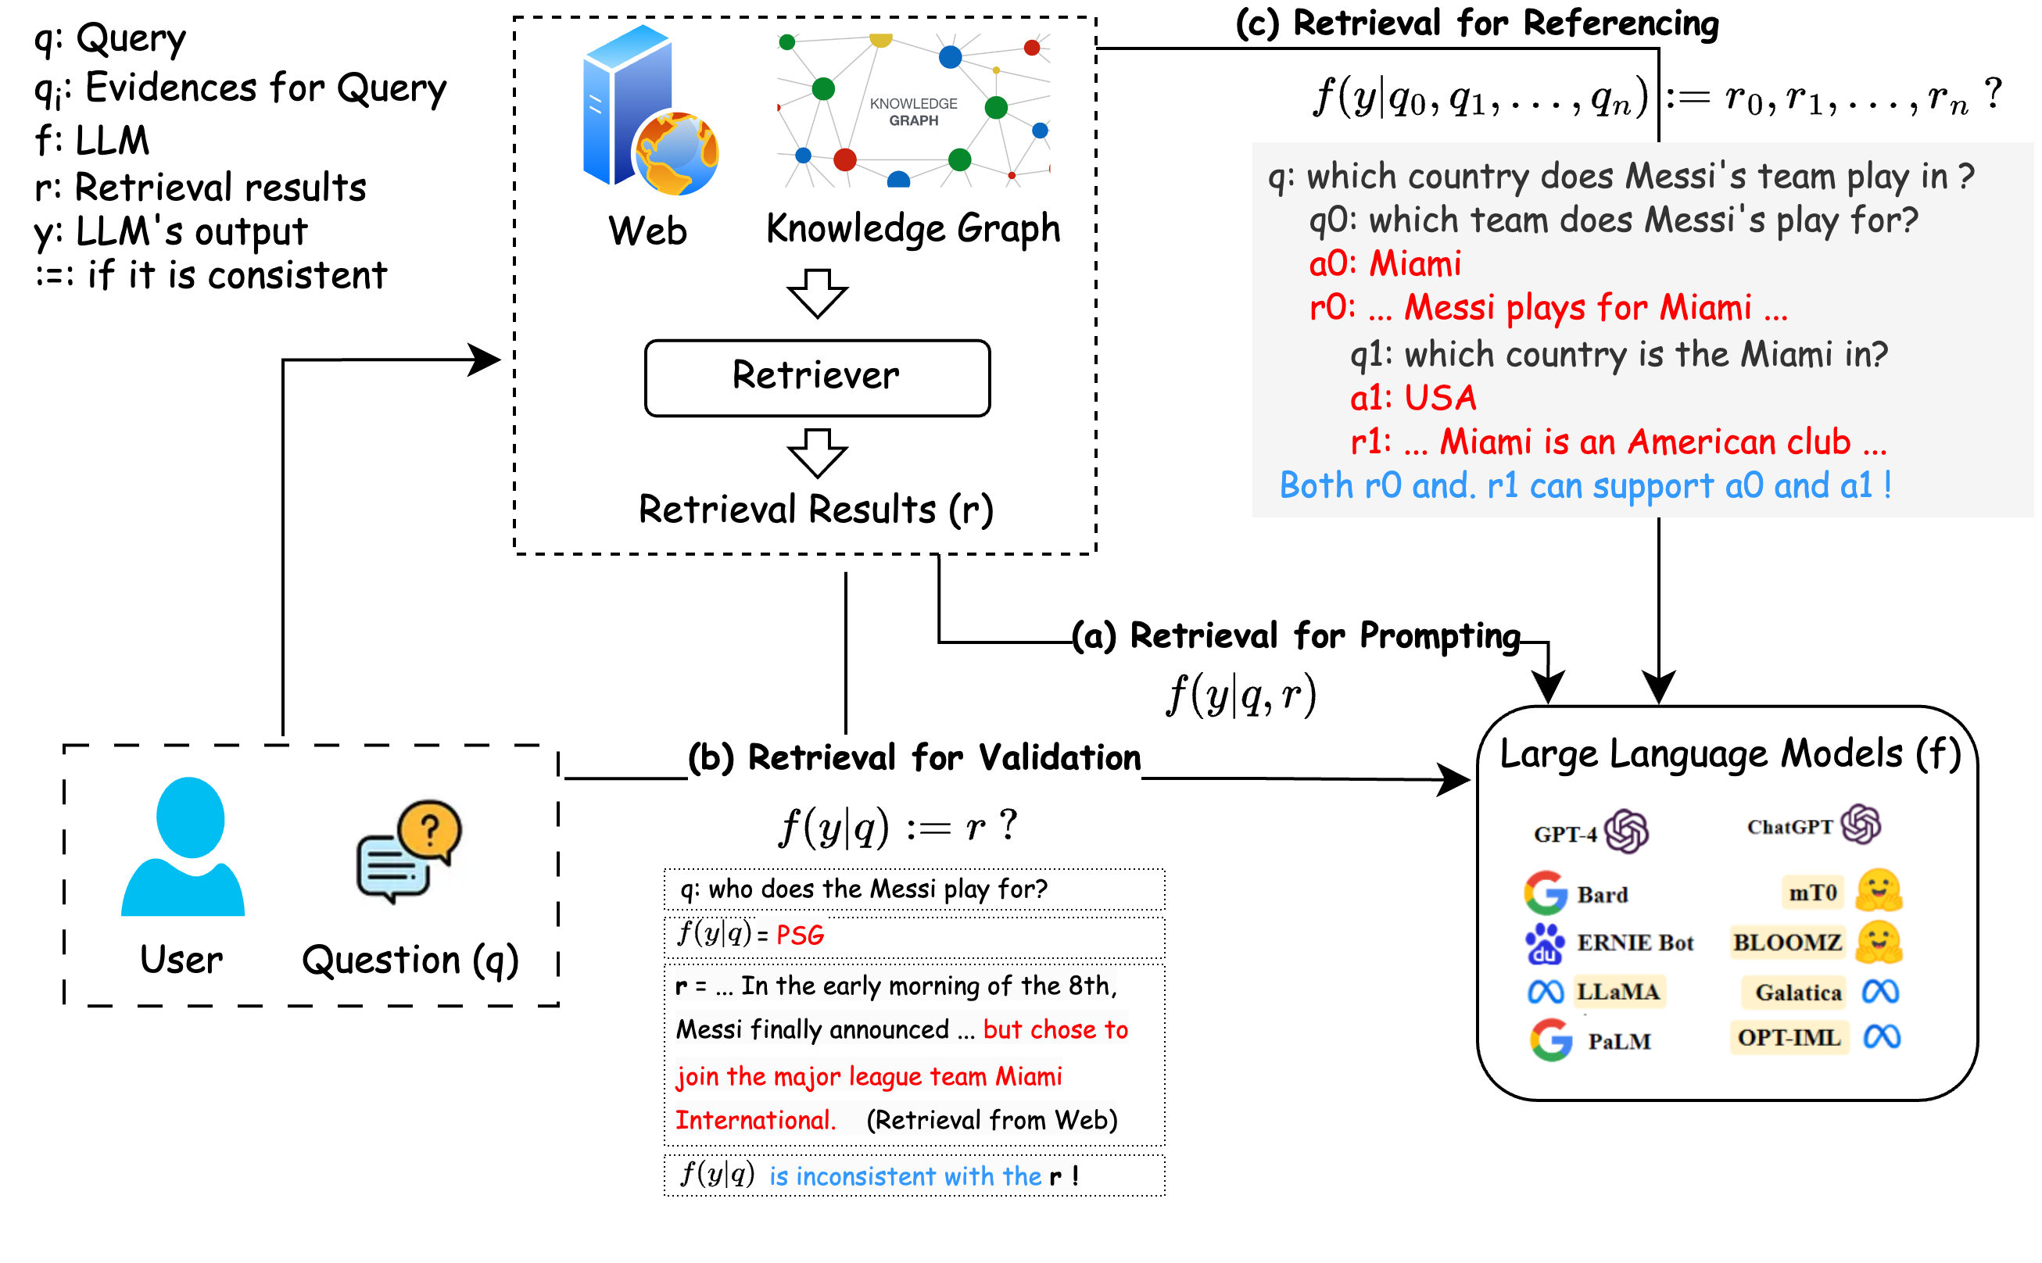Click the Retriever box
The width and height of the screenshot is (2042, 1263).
click(816, 377)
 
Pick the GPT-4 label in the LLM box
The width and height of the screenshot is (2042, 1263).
click(1564, 834)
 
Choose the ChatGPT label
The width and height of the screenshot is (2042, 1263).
click(1789, 827)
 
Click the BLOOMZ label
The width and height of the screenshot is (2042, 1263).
click(1786, 943)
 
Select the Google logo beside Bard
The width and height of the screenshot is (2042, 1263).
click(1544, 893)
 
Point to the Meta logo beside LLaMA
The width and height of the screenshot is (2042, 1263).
click(1545, 992)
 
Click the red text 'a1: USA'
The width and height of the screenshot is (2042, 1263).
click(1413, 398)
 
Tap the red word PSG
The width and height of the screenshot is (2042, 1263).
click(800, 935)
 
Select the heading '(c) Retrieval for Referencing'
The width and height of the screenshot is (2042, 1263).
click(1476, 23)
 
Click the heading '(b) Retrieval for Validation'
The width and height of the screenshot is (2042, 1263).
click(914, 757)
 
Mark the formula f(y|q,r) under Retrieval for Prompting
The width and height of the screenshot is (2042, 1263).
click(1241, 694)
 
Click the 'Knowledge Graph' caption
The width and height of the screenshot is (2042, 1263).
click(913, 229)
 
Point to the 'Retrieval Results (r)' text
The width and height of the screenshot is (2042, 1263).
click(815, 509)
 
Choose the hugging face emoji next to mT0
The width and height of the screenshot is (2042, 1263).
click(1879, 890)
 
